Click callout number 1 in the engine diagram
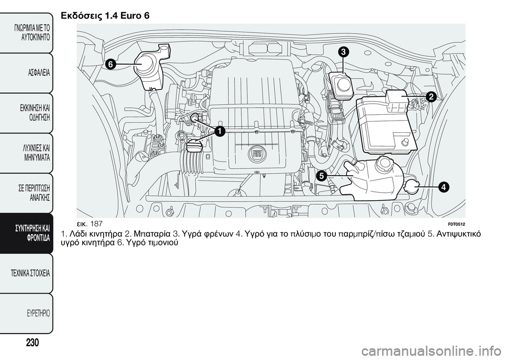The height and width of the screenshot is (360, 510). (218, 131)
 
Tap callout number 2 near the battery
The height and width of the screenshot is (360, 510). (430, 96)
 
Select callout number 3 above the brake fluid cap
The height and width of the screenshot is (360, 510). (344, 52)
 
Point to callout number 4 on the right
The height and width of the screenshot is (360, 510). (443, 186)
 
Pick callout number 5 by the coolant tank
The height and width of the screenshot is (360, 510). (321, 175)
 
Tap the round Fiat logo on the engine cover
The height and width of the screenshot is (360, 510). (257, 154)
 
